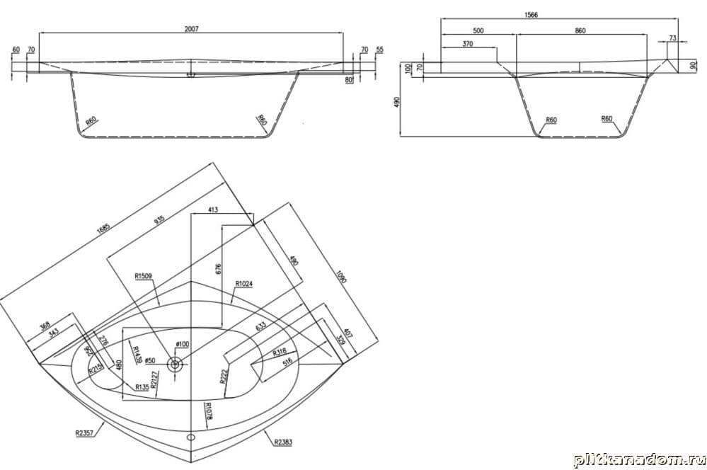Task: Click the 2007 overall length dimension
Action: click(191, 29)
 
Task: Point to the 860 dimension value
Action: click(580, 30)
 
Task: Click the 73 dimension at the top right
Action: click(672, 37)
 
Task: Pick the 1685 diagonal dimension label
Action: click(105, 231)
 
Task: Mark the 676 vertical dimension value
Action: click(218, 269)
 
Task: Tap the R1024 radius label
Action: click(244, 284)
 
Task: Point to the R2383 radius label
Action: click(282, 442)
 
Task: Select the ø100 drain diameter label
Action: click(182, 344)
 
